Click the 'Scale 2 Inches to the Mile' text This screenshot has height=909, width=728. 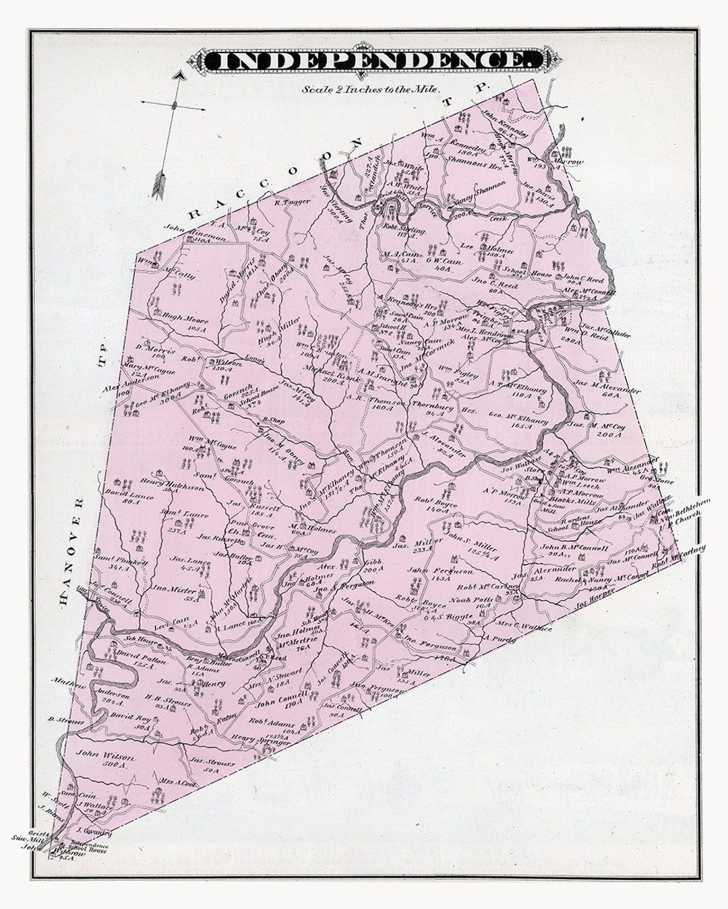point(371,88)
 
